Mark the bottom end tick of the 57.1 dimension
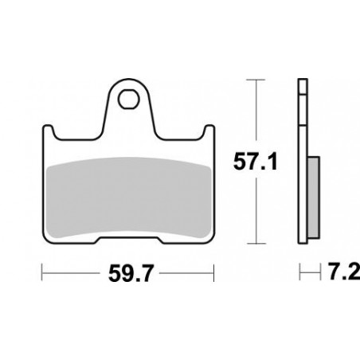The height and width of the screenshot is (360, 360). point(254,244)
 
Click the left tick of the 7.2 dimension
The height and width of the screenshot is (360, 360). point(299,273)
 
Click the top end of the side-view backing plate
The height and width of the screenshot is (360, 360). point(303,81)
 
